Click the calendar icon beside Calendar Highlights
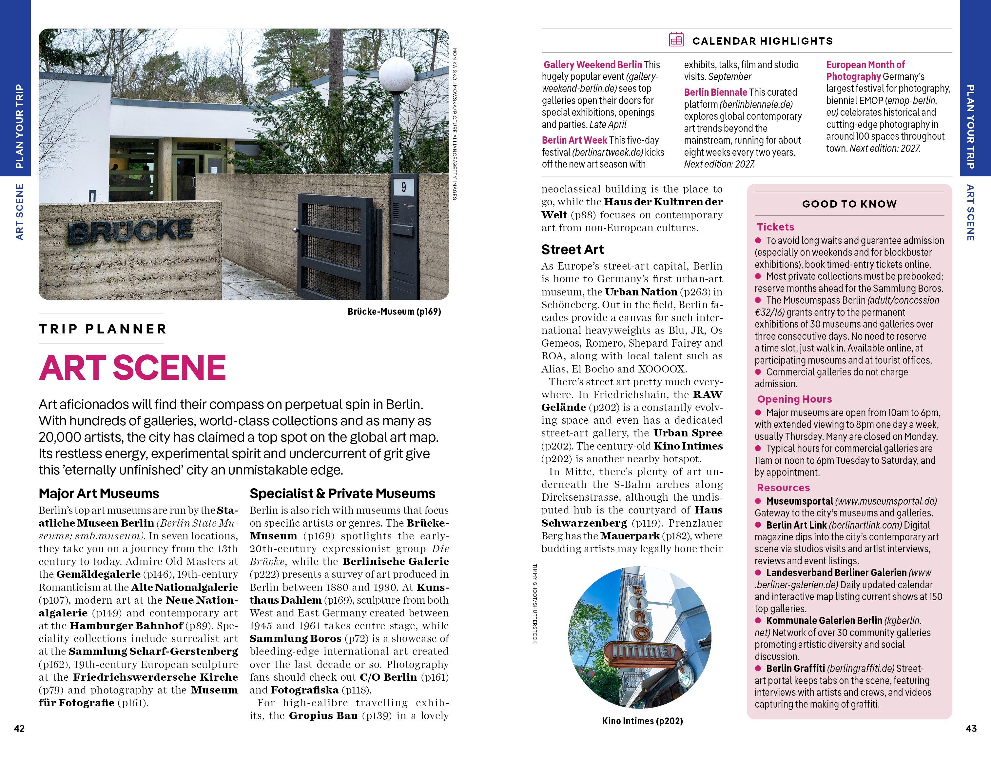[x=676, y=40]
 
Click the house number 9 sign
[x=403, y=187]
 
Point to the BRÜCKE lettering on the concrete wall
[x=130, y=231]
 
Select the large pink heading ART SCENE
[x=132, y=367]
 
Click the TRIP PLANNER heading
[x=103, y=329]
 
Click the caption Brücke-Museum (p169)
[x=394, y=311]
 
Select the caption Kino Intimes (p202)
[x=642, y=721]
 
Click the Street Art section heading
[x=572, y=250]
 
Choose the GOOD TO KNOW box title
[x=849, y=204]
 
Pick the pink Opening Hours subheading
[x=794, y=399]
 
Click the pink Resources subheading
[x=783, y=488]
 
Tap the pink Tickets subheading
[x=775, y=227]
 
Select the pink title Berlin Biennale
[x=715, y=92]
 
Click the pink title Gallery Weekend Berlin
[x=593, y=65]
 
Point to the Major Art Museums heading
[x=99, y=493]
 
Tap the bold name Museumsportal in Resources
[x=799, y=501]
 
